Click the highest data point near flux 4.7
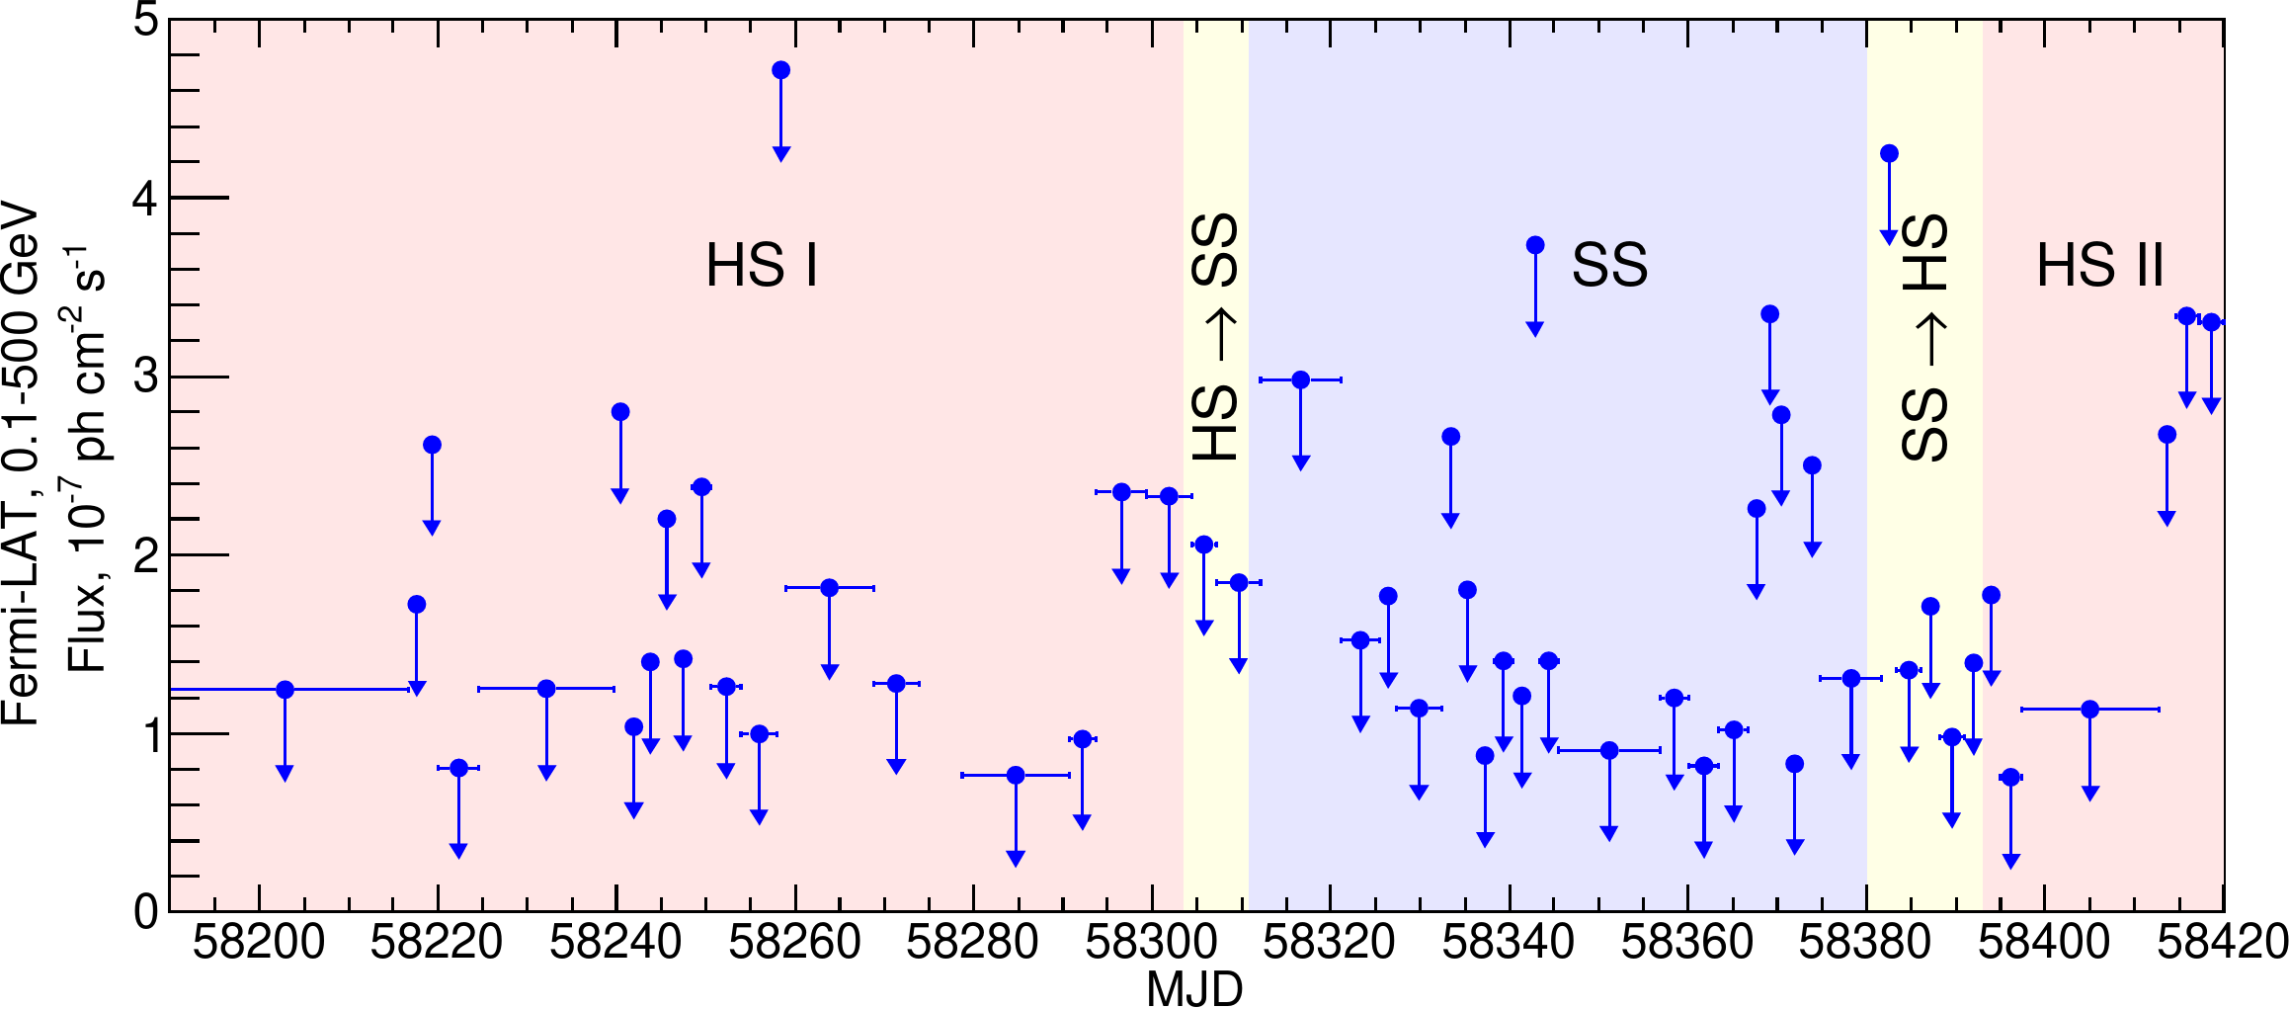[780, 70]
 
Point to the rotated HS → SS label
[1216, 336]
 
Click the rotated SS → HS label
[1924, 336]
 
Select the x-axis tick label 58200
[258, 942]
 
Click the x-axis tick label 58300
[1151, 942]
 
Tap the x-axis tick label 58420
[2222, 942]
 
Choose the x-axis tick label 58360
[1687, 942]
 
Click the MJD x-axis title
[1194, 989]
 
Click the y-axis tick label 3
[146, 378]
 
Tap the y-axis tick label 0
[146, 911]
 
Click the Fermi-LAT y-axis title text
[20, 464]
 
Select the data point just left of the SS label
[1534, 245]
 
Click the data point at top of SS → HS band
[1889, 153]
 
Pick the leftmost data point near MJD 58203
[285, 690]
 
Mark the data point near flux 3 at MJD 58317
[1300, 379]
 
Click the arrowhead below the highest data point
[780, 153]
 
